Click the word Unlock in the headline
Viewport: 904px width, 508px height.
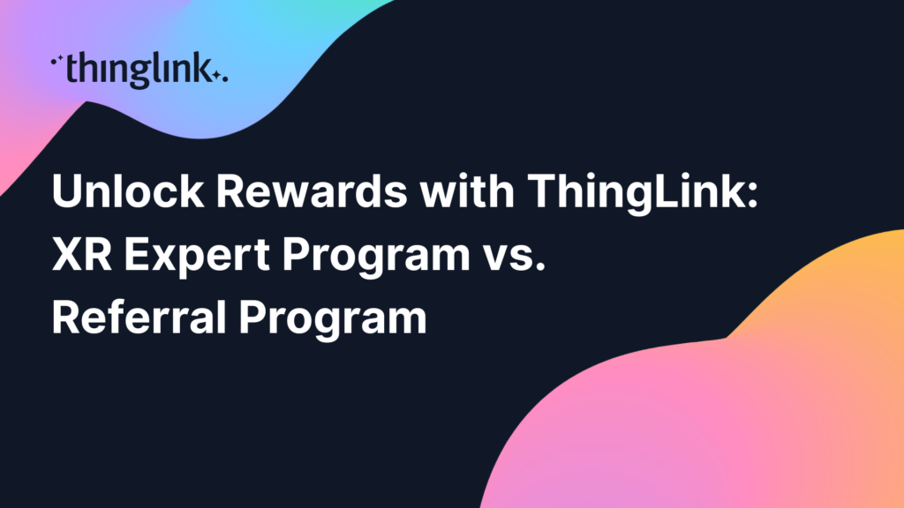point(127,190)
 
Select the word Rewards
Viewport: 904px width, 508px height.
point(312,190)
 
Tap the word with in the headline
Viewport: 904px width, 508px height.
point(467,190)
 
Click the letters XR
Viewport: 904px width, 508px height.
point(82,254)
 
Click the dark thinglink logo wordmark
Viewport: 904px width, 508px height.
point(139,70)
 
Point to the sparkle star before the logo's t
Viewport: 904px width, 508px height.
point(59,58)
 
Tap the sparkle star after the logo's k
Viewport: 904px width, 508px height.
point(216,75)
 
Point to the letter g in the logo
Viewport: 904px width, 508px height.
point(142,76)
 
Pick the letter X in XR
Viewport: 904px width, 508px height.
point(65,254)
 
